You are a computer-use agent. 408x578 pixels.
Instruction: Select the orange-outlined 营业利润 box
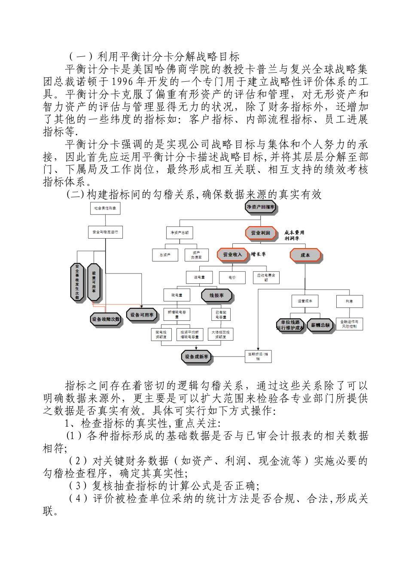[260, 233]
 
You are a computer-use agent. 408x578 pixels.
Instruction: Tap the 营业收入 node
[232, 255]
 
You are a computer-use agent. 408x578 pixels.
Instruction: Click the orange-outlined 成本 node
[305, 255]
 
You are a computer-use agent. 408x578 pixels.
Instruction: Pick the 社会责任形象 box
[105, 208]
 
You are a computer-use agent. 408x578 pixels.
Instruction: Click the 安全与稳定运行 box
[105, 232]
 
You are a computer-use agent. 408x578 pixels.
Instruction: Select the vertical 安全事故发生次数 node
[77, 282]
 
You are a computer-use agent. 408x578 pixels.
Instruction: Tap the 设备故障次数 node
[106, 319]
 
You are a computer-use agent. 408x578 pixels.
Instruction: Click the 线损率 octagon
[217, 296]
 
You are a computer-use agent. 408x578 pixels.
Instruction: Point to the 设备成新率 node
[196, 357]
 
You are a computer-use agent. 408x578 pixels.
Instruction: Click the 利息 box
[349, 301]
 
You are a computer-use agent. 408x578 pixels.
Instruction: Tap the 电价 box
[232, 278]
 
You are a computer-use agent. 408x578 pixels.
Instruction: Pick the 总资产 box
[165, 255]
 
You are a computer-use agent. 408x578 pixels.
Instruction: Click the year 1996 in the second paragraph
[124, 82]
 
